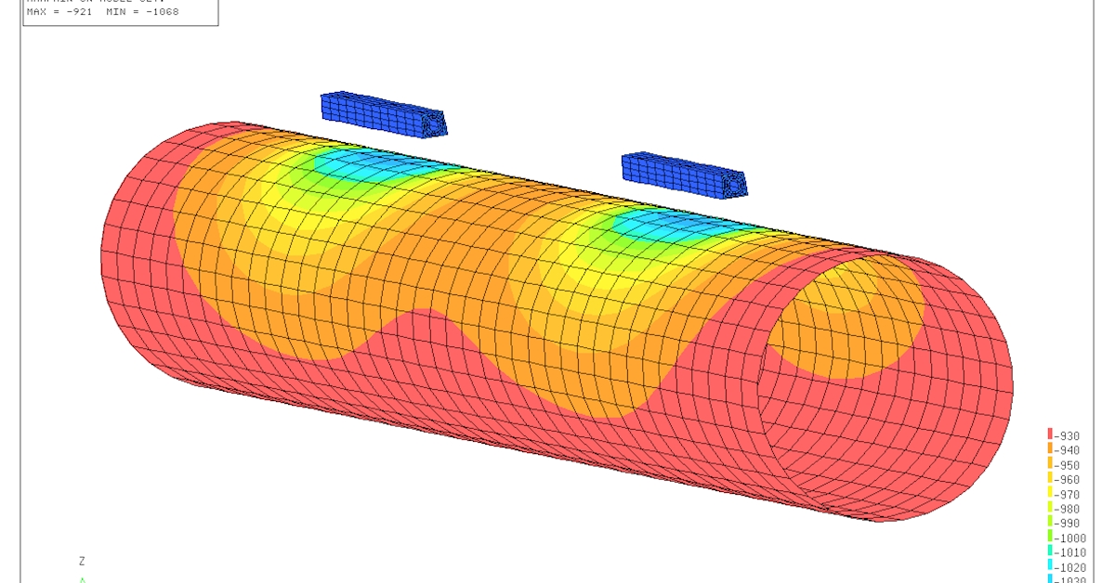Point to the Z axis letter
(82, 561)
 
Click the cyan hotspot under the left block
(372, 167)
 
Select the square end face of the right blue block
(736, 186)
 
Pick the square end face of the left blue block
(435, 123)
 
